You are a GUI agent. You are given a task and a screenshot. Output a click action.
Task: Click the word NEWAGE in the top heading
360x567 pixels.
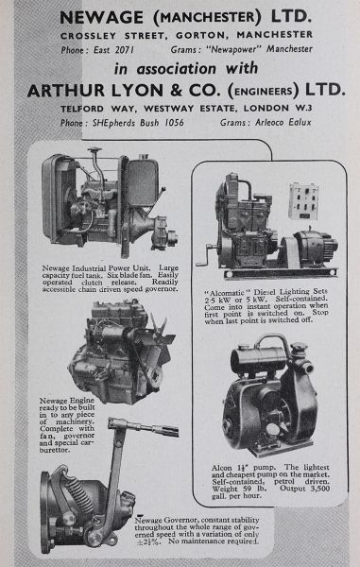coord(101,17)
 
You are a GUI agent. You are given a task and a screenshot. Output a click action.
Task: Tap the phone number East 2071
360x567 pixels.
coord(113,50)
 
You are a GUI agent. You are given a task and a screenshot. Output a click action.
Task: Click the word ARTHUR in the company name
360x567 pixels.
coord(66,91)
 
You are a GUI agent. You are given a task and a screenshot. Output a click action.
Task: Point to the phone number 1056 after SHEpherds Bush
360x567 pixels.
coord(174,123)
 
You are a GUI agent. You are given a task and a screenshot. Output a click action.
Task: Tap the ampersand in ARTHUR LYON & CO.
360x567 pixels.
coord(176,91)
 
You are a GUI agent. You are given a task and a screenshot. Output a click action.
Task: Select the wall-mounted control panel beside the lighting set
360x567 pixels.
coord(303,201)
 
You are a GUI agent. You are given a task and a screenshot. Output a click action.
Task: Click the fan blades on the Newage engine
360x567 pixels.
coord(160,333)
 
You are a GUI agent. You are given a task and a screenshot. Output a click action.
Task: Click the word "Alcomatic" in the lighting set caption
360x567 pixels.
coord(227,292)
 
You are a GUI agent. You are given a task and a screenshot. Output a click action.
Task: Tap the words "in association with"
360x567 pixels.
coord(186,69)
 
